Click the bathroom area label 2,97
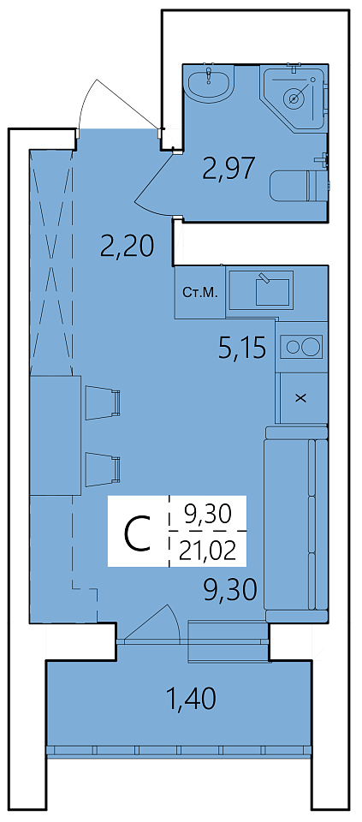229,169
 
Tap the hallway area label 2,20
128,245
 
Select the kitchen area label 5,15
243,348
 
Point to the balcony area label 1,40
191,699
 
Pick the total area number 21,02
207,551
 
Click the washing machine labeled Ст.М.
200,292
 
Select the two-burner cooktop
300,347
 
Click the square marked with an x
300,398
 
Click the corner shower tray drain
294,98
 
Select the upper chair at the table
103,402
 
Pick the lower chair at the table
103,470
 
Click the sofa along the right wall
296,524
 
